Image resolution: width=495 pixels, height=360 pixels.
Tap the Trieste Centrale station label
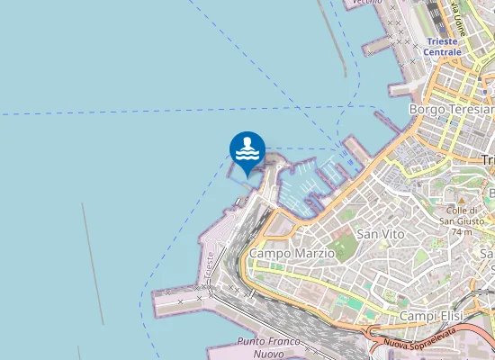tap(444, 47)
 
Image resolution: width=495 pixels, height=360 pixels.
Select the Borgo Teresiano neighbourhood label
tap(450, 109)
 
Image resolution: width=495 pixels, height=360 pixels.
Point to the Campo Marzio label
tap(292, 254)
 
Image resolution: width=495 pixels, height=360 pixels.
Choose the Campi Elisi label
tap(430, 316)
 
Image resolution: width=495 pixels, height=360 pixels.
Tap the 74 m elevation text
tap(462, 231)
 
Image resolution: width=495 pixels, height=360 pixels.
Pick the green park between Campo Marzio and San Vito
tap(342, 245)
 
